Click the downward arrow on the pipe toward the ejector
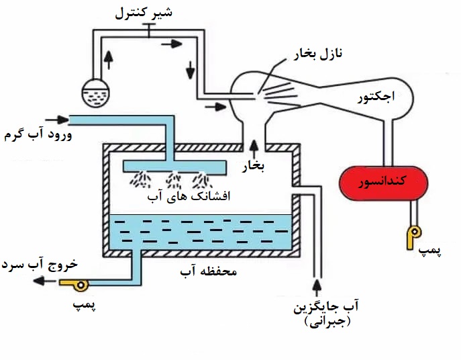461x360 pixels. [192, 69]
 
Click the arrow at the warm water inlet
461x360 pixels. [60, 120]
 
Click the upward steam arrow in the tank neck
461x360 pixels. [254, 144]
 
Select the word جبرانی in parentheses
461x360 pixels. [327, 322]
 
